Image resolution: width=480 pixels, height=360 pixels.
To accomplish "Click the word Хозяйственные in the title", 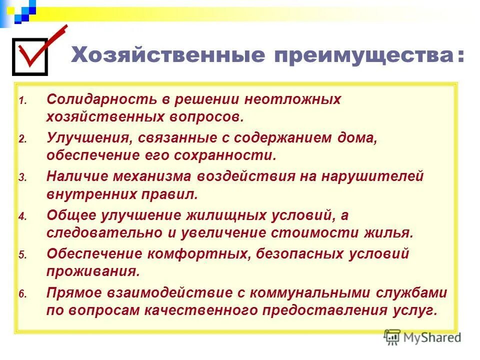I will pos(167,54).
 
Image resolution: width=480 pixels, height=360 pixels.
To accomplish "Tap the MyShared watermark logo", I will pos(422,337).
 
